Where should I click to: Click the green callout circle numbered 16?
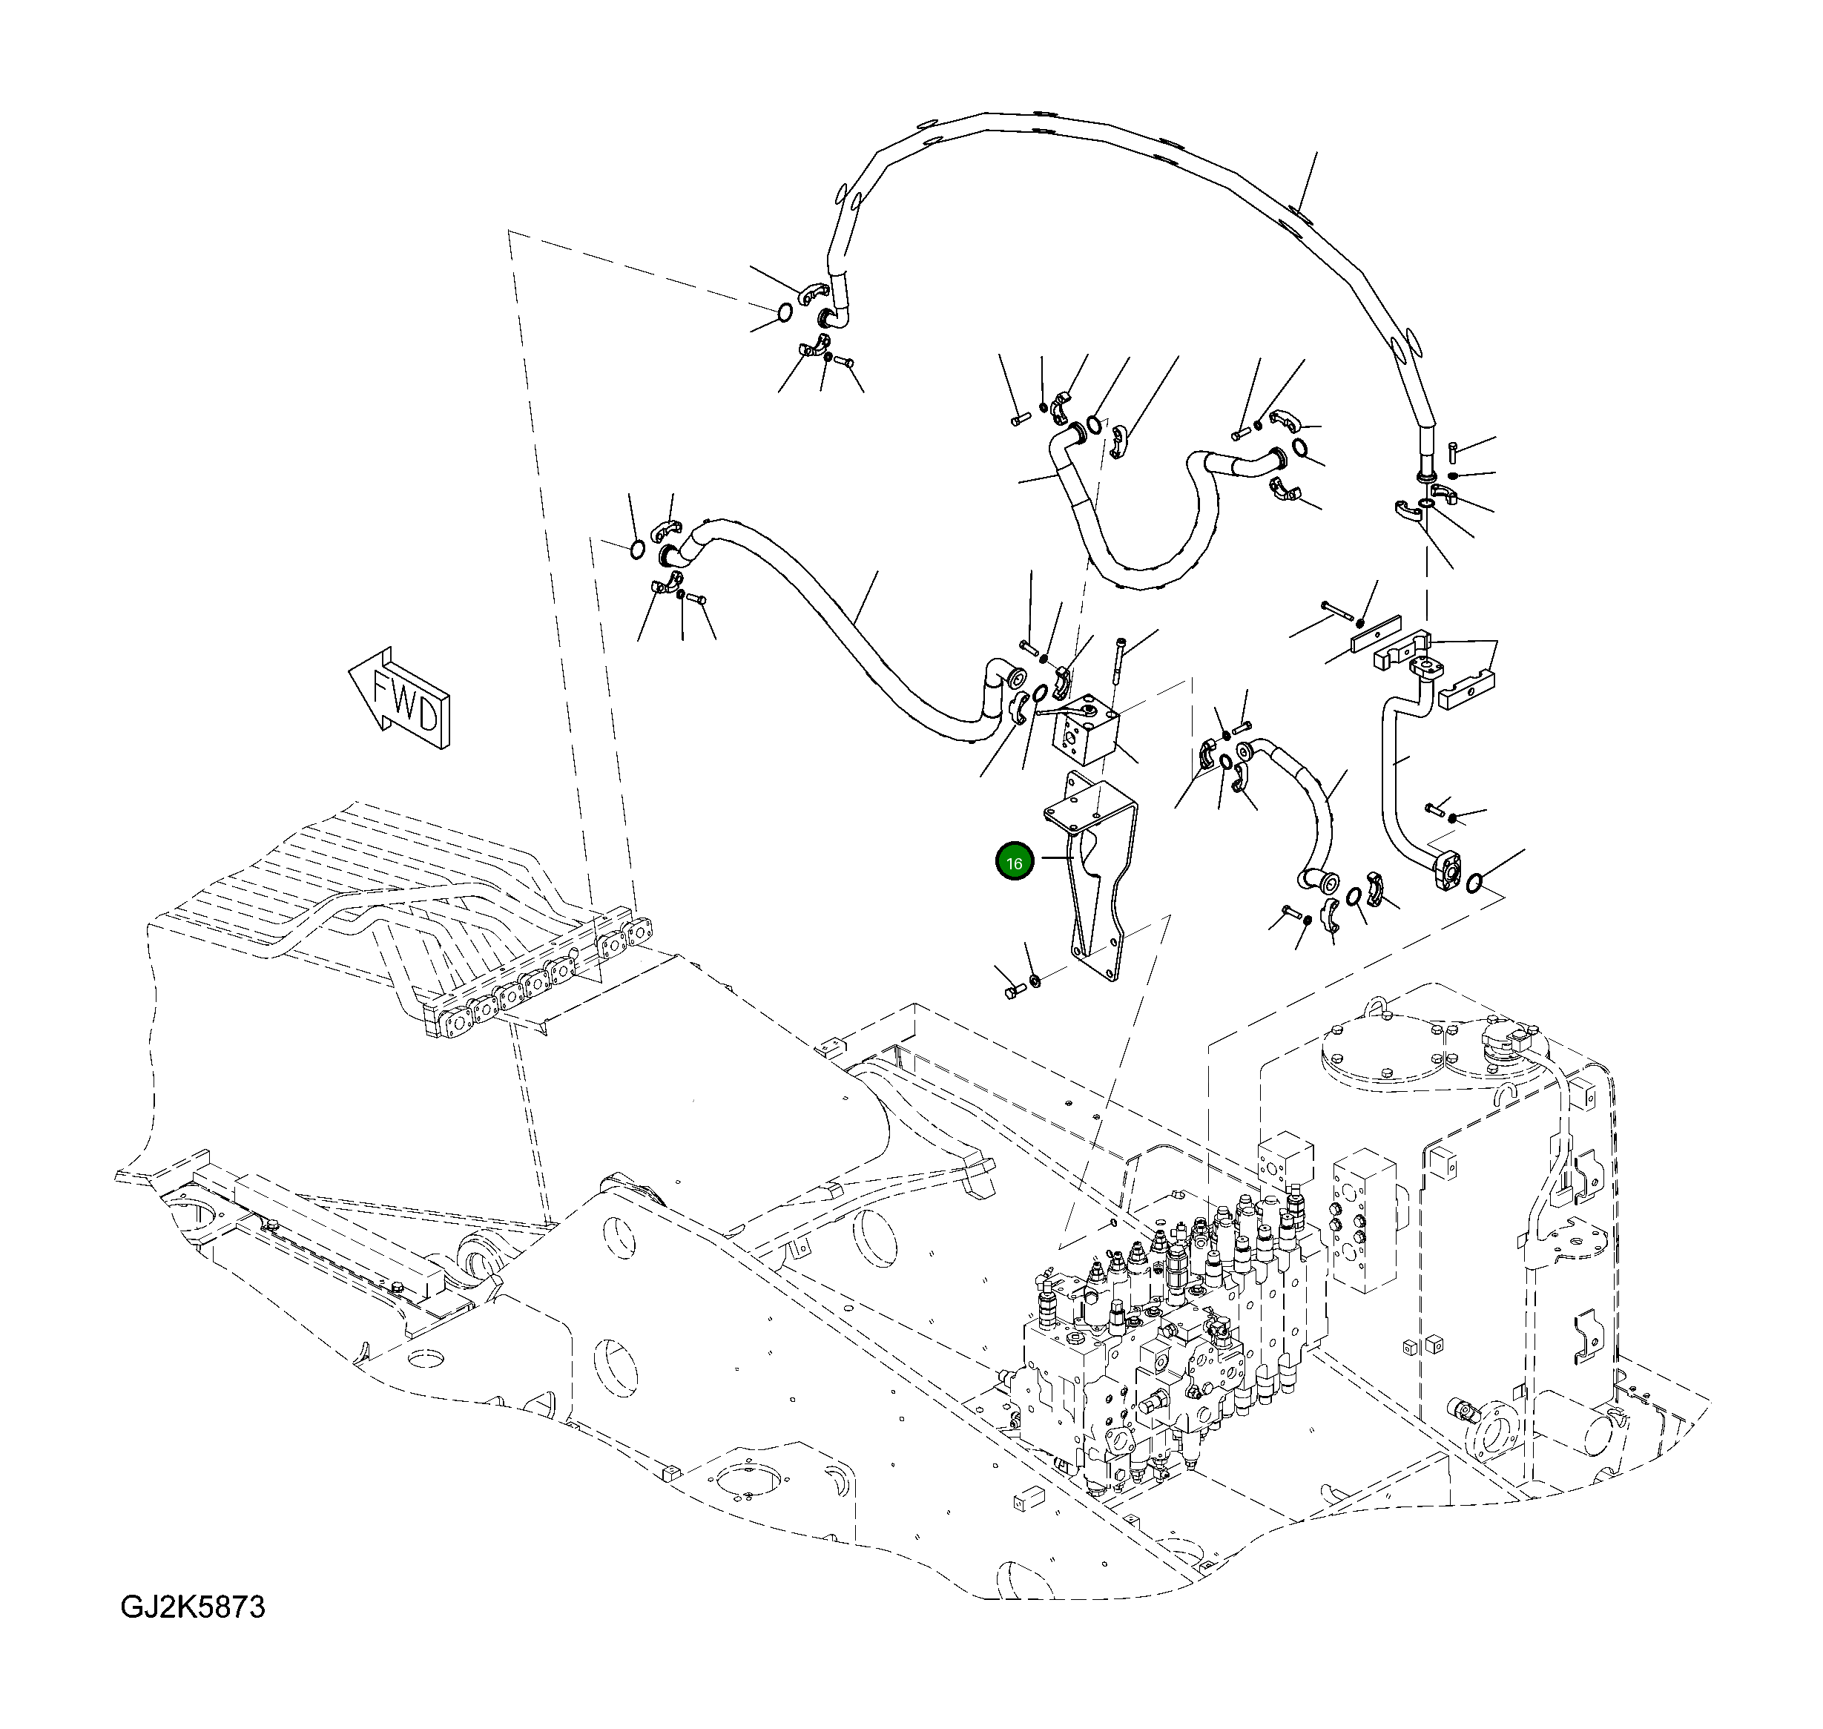point(1014,863)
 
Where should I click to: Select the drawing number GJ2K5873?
point(193,1607)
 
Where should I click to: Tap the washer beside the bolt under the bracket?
point(1034,978)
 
